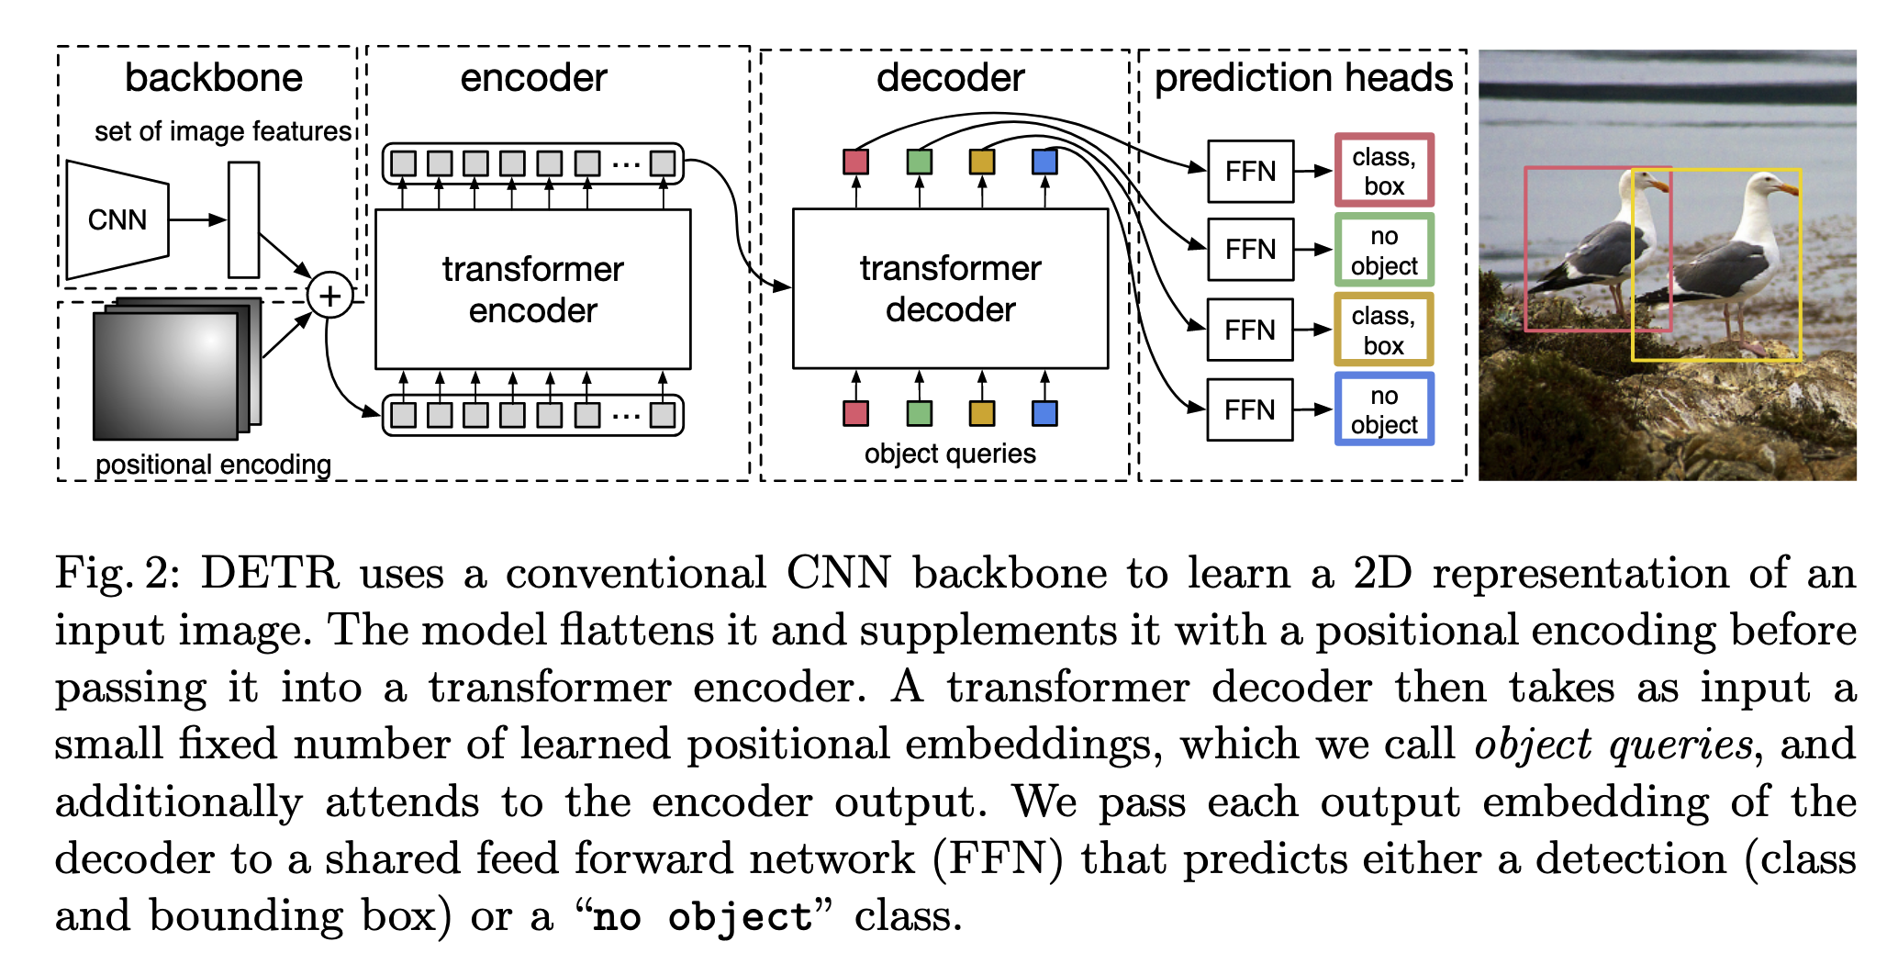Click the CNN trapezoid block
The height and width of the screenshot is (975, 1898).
click(x=117, y=219)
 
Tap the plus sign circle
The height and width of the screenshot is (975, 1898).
click(x=329, y=296)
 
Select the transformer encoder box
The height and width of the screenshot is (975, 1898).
click(x=532, y=289)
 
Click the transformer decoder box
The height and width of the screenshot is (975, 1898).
click(x=950, y=288)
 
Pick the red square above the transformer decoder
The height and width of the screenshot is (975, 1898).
click(x=855, y=162)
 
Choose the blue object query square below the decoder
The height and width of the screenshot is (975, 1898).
click(x=1044, y=413)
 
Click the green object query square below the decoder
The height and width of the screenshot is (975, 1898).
click(x=919, y=413)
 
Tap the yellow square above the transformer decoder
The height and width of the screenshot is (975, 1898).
click(x=982, y=162)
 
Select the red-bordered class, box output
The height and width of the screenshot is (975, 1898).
click(x=1384, y=171)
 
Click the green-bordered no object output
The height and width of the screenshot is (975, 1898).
click(x=1384, y=250)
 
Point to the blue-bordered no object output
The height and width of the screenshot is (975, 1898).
click(x=1384, y=409)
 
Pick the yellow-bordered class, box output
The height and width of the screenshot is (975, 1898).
click(x=1384, y=330)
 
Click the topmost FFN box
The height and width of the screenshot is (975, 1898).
click(x=1250, y=172)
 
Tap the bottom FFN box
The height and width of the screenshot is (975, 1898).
click(x=1249, y=409)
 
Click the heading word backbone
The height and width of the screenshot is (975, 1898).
click(x=213, y=78)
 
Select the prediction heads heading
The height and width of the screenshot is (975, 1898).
click(x=1303, y=78)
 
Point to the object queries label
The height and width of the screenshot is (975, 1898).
click(x=950, y=454)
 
